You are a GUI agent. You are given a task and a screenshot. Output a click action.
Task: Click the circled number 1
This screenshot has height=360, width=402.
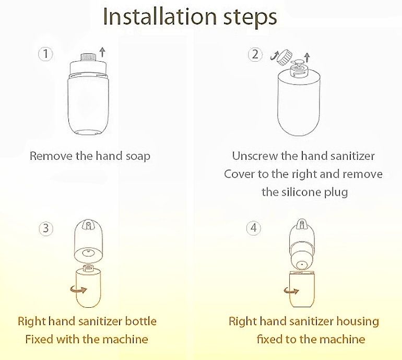[45, 54]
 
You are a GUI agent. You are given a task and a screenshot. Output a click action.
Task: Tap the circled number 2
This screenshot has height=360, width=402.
[255, 54]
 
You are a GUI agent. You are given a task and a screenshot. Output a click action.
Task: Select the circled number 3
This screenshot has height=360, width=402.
[46, 228]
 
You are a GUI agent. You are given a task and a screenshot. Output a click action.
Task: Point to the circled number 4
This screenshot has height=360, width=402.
[254, 228]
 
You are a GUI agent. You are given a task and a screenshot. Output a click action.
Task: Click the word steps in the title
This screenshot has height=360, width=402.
[250, 18]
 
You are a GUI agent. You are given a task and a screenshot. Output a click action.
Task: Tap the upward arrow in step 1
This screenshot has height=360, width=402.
[102, 52]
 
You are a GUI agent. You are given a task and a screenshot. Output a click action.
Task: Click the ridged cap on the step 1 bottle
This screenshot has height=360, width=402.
[88, 57]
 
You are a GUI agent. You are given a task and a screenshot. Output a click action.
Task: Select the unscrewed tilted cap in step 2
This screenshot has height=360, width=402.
[286, 57]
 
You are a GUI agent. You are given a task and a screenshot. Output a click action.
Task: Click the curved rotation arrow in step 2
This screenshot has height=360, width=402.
[274, 55]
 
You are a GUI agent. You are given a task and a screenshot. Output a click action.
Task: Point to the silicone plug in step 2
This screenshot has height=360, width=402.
[299, 62]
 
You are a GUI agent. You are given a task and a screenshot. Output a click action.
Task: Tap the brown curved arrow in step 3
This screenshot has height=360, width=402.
[78, 289]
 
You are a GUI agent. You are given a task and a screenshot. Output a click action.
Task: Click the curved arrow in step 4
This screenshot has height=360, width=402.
[291, 291]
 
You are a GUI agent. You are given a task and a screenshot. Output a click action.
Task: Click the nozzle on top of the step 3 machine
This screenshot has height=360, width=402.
[88, 225]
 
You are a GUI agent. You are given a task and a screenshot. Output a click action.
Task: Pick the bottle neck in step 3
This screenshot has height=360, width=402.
[88, 268]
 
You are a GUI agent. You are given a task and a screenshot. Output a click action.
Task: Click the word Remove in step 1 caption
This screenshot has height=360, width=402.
[51, 156]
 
